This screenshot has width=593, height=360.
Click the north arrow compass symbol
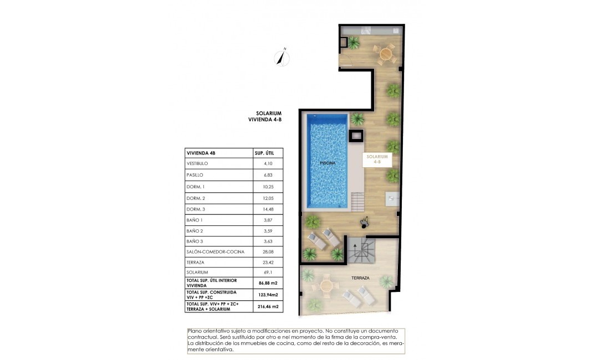coord(283,57)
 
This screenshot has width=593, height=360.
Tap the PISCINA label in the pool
coord(328,163)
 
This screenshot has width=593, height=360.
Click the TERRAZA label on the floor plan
coord(360,278)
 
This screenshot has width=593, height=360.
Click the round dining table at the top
coord(385,54)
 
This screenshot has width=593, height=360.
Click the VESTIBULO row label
coord(198,164)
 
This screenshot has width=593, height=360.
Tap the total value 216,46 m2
coord(268,306)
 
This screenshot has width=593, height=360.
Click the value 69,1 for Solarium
coord(268,272)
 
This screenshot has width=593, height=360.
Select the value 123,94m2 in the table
coord(268,295)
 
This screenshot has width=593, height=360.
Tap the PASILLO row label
coord(196,175)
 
